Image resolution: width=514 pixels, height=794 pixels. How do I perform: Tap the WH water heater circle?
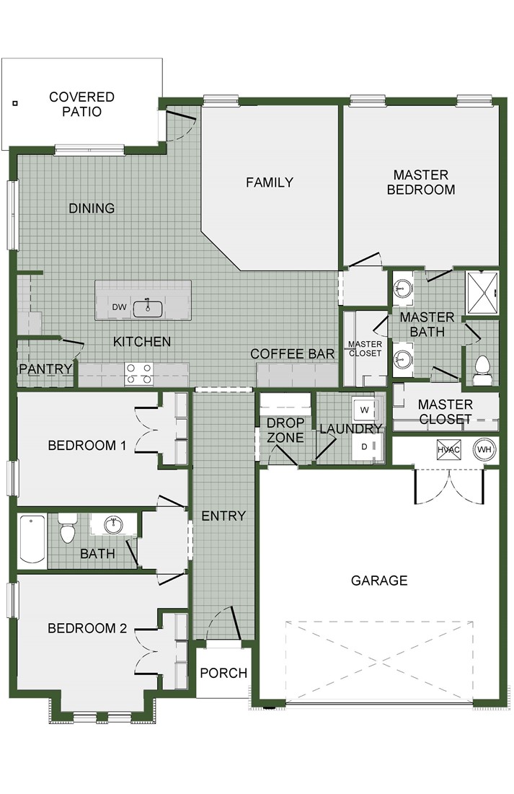pos(484,449)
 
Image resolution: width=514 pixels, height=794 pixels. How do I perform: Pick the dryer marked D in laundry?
pos(364,446)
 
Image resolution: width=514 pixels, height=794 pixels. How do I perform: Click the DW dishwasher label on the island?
pos(120,308)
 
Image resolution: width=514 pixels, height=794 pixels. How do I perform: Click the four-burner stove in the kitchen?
pos(139,374)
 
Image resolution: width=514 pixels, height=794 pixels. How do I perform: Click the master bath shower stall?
pos(482,290)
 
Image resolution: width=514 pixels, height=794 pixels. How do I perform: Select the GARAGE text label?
pos(379,580)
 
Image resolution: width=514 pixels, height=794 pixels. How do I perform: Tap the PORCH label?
pos(223,674)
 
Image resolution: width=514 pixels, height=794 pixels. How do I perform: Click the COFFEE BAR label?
pos(292,353)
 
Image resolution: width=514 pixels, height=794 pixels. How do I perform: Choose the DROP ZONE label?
pos(285,430)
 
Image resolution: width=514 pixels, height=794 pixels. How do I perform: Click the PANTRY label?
pos(46,369)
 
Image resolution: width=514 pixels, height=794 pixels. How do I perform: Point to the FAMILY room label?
pos(269,182)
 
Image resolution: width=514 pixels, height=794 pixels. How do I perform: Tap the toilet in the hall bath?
pos(68,529)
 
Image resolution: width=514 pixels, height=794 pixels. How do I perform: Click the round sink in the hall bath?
pos(114,523)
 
